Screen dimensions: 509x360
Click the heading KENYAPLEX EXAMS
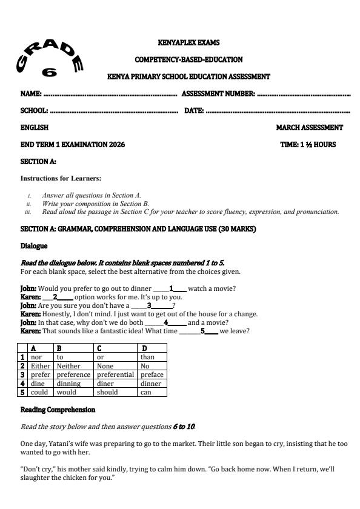tap(188, 43)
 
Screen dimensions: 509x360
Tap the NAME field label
tap(31, 95)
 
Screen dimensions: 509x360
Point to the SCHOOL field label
tap(34, 111)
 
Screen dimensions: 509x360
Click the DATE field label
tap(193, 111)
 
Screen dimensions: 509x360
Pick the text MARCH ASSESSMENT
tap(309, 128)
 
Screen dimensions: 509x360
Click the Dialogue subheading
tap(35, 247)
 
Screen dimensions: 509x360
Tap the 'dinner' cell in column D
tap(151, 384)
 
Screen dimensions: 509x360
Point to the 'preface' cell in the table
tap(152, 374)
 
